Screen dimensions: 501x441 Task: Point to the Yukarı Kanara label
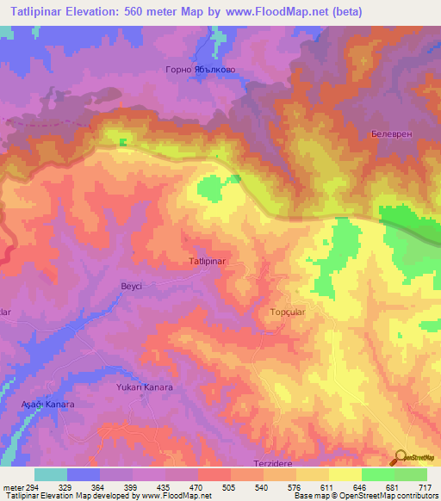pos(145,387)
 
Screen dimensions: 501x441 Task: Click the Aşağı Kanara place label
pos(48,404)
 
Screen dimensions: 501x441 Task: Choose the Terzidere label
pos(274,463)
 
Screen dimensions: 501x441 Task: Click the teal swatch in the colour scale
pos(51,474)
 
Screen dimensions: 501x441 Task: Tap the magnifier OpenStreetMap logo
pos(400,458)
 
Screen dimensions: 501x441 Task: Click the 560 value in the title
pos(135,12)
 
